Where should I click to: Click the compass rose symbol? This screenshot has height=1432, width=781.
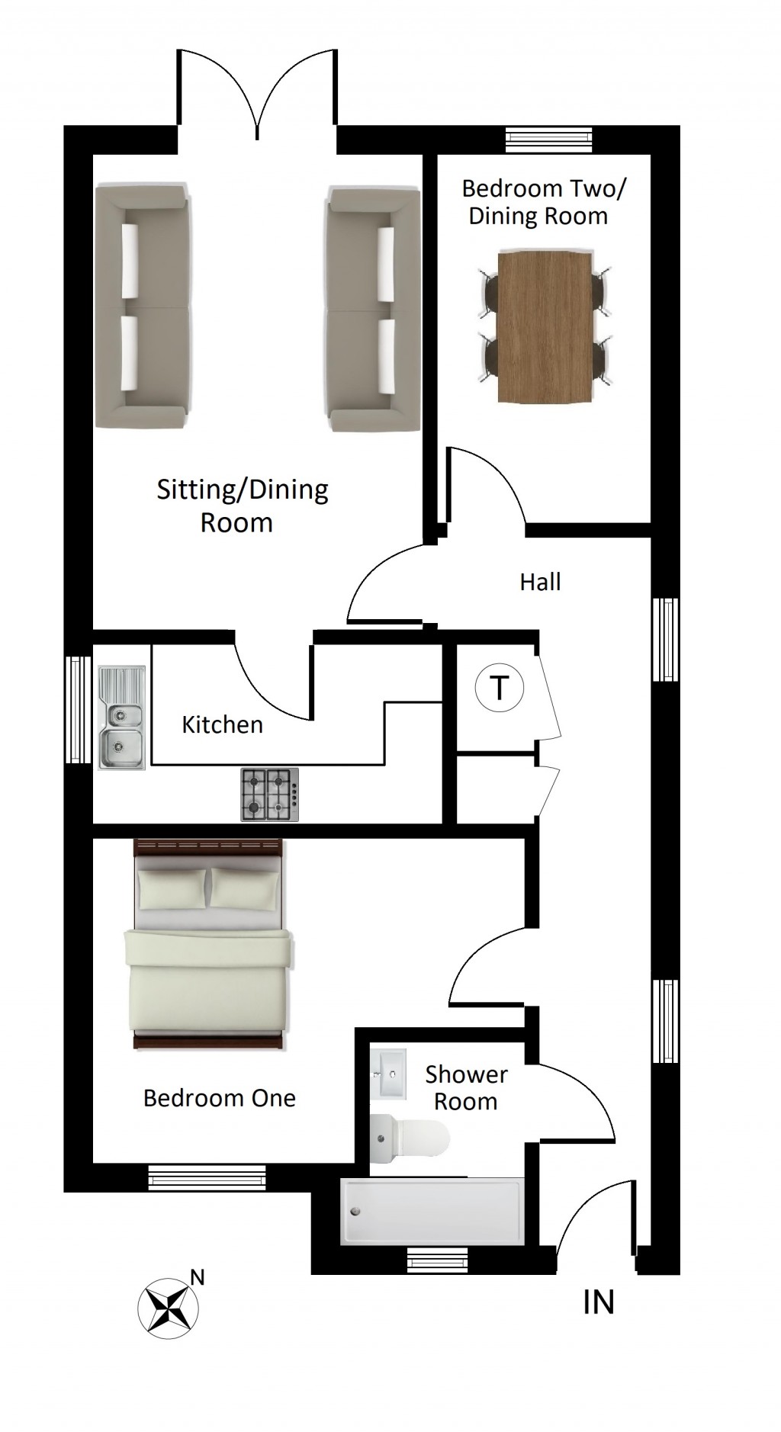[168, 1307]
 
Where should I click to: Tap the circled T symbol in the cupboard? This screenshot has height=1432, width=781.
[500, 688]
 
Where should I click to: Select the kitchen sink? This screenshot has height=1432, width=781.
[121, 718]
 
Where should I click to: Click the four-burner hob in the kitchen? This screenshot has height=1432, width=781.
[270, 795]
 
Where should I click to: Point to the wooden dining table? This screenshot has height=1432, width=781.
[545, 327]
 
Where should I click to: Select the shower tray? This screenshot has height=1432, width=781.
[432, 1212]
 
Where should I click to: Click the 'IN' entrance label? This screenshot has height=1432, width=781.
[598, 1302]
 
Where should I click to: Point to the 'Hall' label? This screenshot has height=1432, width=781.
[540, 582]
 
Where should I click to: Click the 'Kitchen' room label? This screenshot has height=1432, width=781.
[222, 724]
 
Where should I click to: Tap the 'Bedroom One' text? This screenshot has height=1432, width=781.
[220, 1098]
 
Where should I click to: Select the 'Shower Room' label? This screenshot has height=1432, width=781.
[466, 1088]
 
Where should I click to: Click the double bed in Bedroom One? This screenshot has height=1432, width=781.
[209, 945]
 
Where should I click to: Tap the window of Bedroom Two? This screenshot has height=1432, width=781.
[549, 140]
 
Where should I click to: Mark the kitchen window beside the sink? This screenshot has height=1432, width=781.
[77, 710]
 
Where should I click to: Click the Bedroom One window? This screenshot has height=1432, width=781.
[207, 1177]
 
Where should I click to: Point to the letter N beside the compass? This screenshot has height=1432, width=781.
[198, 1277]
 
